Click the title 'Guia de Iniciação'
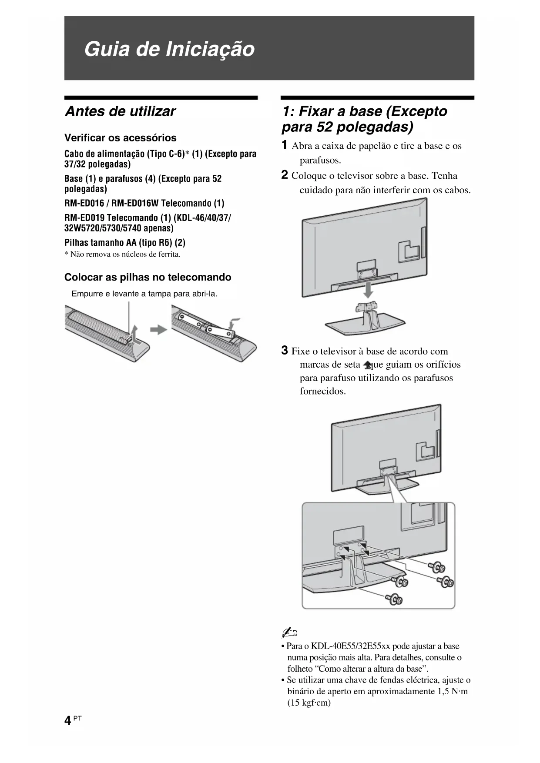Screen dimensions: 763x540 (169, 49)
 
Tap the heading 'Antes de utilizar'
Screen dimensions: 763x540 (120, 111)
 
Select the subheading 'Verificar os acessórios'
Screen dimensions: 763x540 (121, 138)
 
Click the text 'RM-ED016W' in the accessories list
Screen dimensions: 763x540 (135, 203)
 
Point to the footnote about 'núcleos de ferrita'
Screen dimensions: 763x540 (122, 254)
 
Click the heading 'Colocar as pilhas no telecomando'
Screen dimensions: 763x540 (148, 277)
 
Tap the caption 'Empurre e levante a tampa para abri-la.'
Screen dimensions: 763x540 (144, 294)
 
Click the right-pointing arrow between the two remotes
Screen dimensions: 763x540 (158, 329)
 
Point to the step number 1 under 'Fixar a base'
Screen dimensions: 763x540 (284, 145)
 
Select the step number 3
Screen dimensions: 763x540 (284, 350)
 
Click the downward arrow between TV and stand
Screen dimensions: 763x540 (368, 290)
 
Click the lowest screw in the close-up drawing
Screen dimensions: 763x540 (395, 599)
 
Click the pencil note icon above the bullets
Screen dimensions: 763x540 (289, 632)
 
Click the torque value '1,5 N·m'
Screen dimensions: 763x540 (452, 691)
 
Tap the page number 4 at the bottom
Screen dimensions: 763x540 (67, 721)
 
